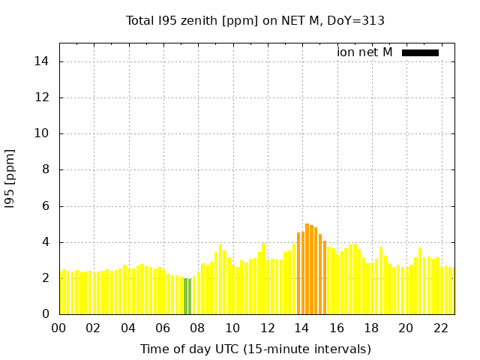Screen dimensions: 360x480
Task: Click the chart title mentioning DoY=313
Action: [255, 20]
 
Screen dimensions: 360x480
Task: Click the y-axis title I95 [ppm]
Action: [10, 178]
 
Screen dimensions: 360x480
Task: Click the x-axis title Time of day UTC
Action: [255, 349]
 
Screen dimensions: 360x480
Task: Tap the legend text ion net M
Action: [364, 52]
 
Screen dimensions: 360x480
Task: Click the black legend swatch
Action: [420, 52]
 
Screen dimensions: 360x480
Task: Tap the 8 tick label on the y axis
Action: [47, 169]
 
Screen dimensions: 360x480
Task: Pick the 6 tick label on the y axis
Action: [47, 205]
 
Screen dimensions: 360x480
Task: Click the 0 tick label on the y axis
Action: [47, 314]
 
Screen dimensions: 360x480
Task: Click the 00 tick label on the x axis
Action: [58, 328]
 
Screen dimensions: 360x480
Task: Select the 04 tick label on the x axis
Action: [128, 328]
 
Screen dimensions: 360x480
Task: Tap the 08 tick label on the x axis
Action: [197, 328]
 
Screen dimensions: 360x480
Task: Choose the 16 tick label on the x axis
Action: [336, 328]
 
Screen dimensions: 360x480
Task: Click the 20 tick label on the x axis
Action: [406, 328]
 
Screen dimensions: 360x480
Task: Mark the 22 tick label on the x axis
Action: [440, 328]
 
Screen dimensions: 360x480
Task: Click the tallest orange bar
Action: [307, 270]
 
